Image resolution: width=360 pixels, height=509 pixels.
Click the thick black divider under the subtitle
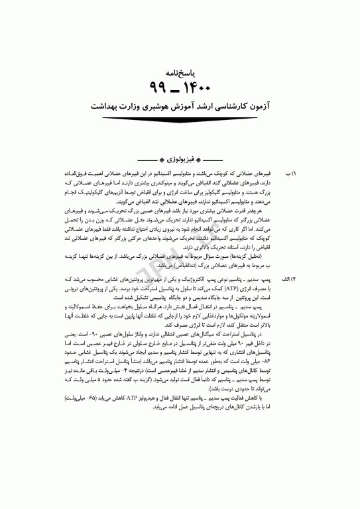coord(180,119)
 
